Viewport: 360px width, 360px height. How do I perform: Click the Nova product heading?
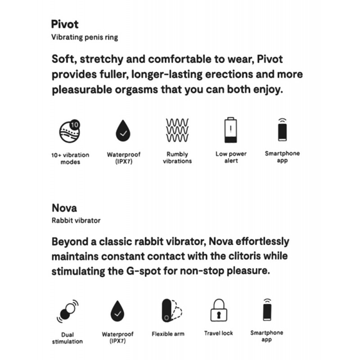point(64,208)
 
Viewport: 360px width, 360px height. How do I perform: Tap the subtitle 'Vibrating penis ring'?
point(85,37)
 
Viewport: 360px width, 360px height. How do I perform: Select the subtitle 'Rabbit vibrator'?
point(76,220)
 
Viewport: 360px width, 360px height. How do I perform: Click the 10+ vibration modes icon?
point(70,130)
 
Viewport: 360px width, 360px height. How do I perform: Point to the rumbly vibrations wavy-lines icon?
point(177,130)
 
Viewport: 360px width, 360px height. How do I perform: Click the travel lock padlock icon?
point(219,310)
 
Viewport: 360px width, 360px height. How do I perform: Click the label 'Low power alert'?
point(231,157)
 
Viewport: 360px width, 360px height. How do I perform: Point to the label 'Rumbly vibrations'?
point(177,157)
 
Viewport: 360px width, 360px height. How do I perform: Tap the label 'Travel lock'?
point(219,333)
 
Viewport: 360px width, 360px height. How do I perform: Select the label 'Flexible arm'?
point(168,334)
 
